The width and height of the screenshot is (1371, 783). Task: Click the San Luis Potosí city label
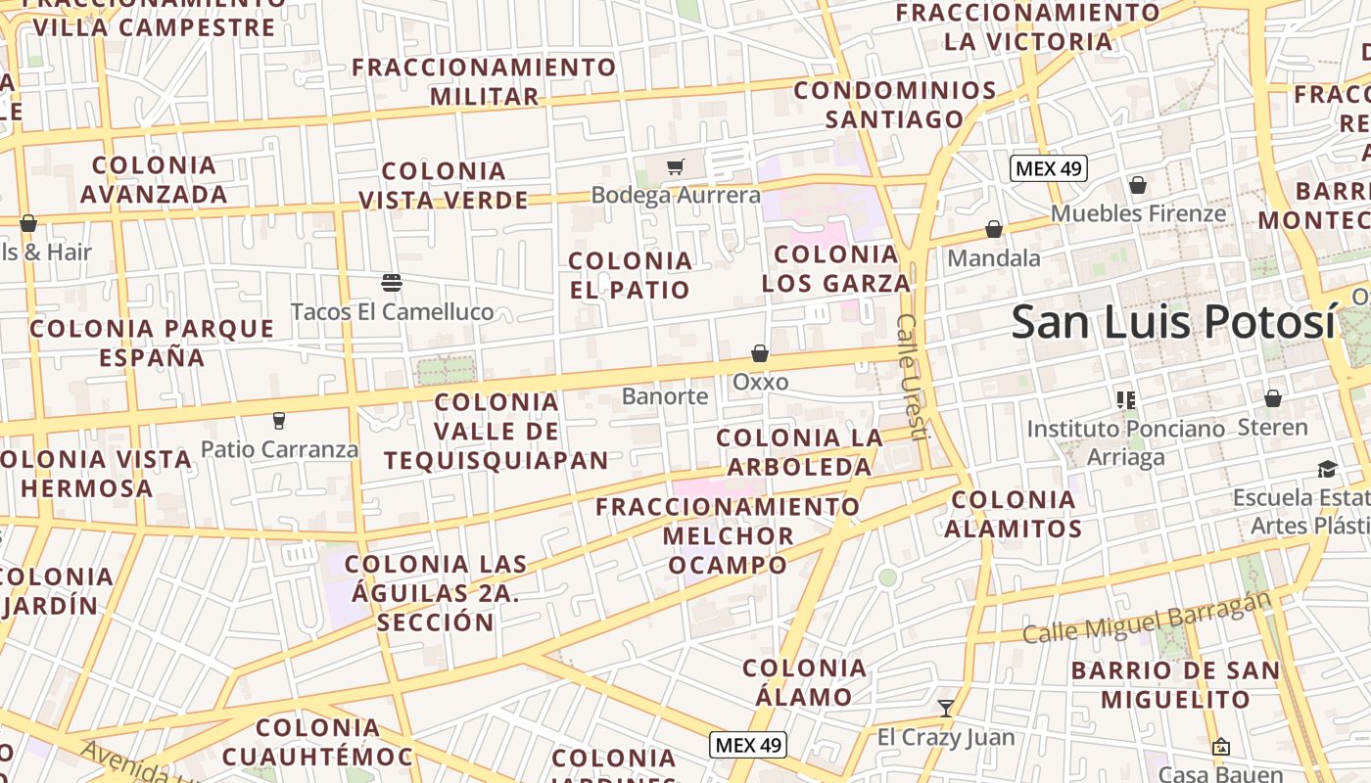pyautogui.click(x=1173, y=322)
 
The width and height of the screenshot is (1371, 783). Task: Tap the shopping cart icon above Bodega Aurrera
pyautogui.click(x=675, y=166)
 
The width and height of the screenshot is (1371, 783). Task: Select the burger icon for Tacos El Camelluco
pyautogui.click(x=392, y=284)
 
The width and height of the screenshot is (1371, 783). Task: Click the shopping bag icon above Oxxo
pyautogui.click(x=760, y=353)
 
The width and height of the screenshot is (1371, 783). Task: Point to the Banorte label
pyautogui.click(x=665, y=396)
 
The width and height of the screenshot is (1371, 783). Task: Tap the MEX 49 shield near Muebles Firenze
pyautogui.click(x=1049, y=168)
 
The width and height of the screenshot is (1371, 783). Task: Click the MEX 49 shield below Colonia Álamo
pyautogui.click(x=748, y=745)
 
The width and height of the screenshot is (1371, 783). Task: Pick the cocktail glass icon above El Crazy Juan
pyautogui.click(x=946, y=708)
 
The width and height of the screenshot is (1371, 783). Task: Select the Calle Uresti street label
pyautogui.click(x=912, y=377)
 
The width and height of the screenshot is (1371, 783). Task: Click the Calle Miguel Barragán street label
pyautogui.click(x=1147, y=619)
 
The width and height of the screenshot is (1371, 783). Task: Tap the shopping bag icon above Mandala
pyautogui.click(x=994, y=230)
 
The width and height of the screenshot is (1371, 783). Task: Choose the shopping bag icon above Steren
pyautogui.click(x=1273, y=398)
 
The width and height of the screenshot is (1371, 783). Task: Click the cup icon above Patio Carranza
pyautogui.click(x=279, y=421)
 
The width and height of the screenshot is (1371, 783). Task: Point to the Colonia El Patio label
pyautogui.click(x=631, y=275)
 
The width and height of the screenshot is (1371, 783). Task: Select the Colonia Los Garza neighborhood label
pyautogui.click(x=836, y=269)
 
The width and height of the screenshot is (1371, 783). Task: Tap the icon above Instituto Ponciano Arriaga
pyautogui.click(x=1126, y=399)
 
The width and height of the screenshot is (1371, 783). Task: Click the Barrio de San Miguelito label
pyautogui.click(x=1175, y=685)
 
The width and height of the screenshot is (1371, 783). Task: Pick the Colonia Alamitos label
pyautogui.click(x=1014, y=515)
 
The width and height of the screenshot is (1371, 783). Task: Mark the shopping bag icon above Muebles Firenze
pyautogui.click(x=1138, y=185)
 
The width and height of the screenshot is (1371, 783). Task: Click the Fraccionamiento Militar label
pyautogui.click(x=485, y=82)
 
